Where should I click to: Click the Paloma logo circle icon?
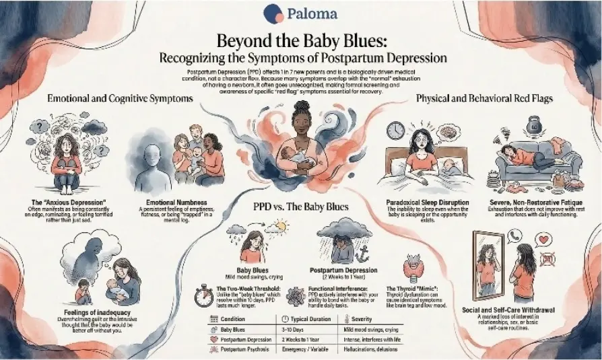click(273, 13)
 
